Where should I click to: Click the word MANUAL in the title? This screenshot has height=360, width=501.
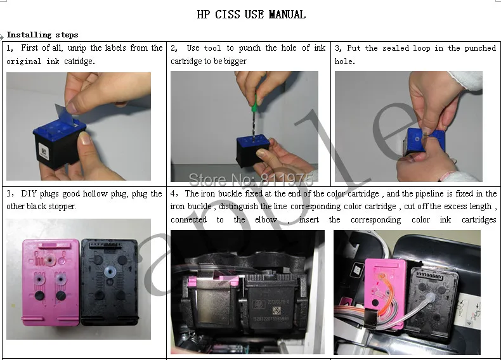[x=287, y=15]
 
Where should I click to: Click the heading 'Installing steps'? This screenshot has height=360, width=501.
[x=42, y=34]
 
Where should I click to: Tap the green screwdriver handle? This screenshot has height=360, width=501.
[x=255, y=103]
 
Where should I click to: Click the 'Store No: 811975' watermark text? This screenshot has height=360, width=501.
[x=251, y=180]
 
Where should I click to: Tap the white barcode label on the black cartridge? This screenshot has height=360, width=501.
[x=43, y=151]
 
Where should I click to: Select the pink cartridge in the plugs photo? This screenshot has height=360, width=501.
[x=51, y=283]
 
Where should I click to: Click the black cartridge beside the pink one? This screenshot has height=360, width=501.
[x=109, y=283]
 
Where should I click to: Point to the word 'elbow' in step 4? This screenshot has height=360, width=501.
[x=266, y=220]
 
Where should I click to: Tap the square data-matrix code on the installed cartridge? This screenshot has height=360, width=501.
[x=277, y=310]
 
